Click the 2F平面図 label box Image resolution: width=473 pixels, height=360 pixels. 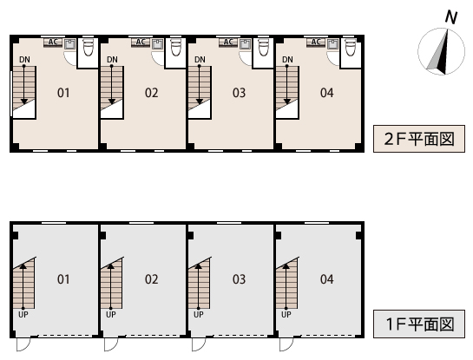pyautogui.click(x=419, y=139)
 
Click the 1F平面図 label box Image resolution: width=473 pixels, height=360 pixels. pyautogui.click(x=419, y=324)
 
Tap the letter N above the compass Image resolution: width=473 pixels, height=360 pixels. pyautogui.click(x=451, y=17)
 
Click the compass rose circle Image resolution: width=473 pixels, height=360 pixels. pyautogui.click(x=442, y=51)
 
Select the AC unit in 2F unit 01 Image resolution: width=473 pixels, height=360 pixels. pyautogui.click(x=53, y=43)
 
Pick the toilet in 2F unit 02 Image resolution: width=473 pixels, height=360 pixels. pyautogui.click(x=176, y=47)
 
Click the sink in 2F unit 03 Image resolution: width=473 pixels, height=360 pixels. pyautogui.click(x=245, y=44)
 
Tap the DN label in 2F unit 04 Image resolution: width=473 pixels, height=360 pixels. pyautogui.click(x=287, y=60)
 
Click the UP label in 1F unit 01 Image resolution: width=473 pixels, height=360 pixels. pyautogui.click(x=23, y=315)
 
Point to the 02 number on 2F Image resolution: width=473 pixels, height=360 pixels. pyautogui.click(x=151, y=93)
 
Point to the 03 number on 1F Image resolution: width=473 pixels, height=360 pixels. pyautogui.click(x=239, y=279)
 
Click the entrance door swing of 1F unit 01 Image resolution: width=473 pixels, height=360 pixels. pyautogui.click(x=23, y=344)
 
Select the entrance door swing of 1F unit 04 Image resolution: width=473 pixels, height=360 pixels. pyautogui.click(x=286, y=344)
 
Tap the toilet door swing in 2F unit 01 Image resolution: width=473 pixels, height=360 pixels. pyautogui.click(x=70, y=58)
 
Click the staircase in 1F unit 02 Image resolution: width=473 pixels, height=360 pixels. pyautogui.click(x=112, y=283)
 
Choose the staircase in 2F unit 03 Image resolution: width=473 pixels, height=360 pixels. pyautogui.click(x=200, y=92)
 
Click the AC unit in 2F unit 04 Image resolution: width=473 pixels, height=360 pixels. pyautogui.click(x=316, y=43)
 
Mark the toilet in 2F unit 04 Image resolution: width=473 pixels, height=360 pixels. pyautogui.click(x=351, y=47)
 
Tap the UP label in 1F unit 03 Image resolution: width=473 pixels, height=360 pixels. pyautogui.click(x=199, y=315)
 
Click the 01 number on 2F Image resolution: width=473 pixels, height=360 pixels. pyautogui.click(x=63, y=93)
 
